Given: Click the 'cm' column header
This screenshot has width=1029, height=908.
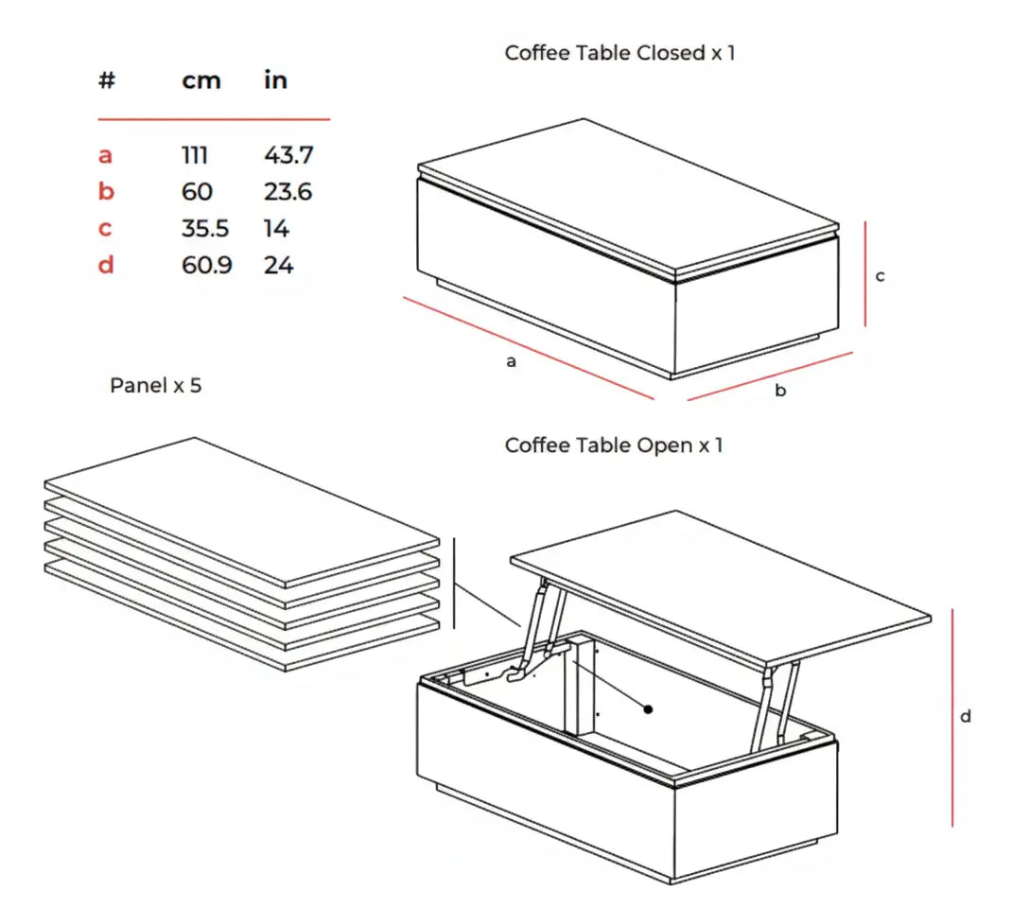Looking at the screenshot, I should point(201,81).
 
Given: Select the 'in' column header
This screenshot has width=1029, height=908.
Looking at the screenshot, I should point(275,81).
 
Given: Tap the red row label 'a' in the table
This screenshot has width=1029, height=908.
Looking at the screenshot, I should point(105,155).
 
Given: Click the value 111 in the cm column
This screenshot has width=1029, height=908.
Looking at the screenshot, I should point(195,155).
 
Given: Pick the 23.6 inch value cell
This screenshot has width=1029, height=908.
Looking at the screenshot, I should point(288,192).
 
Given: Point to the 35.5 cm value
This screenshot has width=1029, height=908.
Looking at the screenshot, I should point(204,229).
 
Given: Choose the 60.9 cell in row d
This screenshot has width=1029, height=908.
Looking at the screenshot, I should point(206,266).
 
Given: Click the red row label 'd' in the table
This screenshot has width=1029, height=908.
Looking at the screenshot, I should point(105,265).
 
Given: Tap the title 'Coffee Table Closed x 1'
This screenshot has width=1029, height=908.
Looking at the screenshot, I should point(619,53).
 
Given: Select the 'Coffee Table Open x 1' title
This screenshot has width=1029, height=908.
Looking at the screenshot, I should point(613,445).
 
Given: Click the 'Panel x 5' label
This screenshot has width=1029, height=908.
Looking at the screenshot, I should point(155,385).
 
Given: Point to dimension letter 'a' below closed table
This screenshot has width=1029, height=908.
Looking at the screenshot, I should point(512,360).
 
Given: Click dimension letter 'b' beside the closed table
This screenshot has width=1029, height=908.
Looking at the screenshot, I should point(780,390).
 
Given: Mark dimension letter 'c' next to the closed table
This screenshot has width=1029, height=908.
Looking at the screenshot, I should point(881,276).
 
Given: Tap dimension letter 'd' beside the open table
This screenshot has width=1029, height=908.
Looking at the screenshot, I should point(965,717).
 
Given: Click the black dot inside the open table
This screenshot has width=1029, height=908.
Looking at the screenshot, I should point(648,707).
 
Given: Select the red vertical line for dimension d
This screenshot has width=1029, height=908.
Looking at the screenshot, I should point(951,717).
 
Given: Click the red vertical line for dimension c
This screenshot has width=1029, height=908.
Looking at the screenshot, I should point(865,274).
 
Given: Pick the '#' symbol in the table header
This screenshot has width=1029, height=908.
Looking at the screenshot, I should point(106,81).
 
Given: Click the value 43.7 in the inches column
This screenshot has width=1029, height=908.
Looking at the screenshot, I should point(288,155).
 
